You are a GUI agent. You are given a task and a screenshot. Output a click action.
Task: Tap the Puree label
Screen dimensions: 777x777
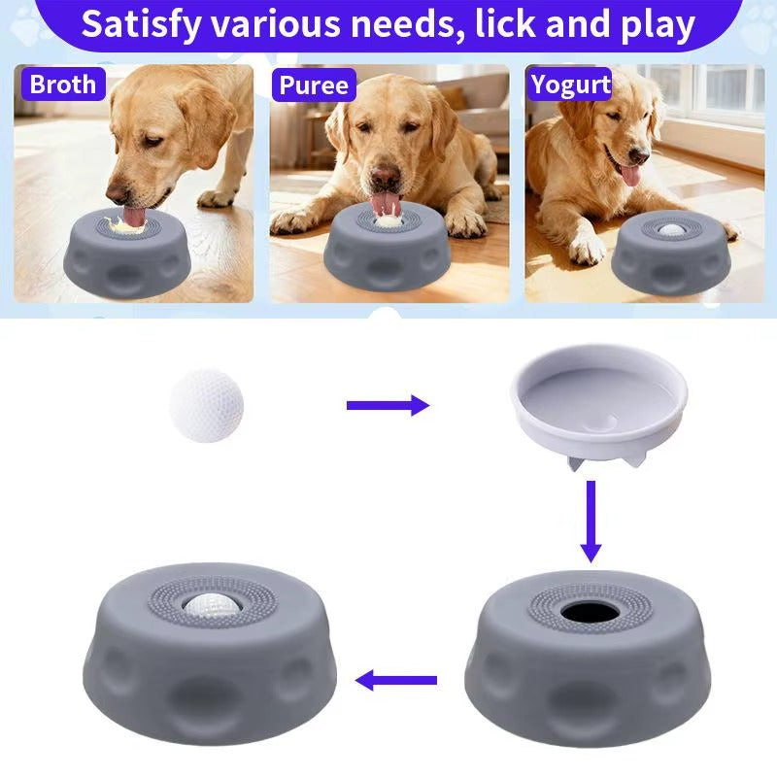point(313,84)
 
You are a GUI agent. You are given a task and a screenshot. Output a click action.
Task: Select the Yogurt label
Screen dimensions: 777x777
point(570,84)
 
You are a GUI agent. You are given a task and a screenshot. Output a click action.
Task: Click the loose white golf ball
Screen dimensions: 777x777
point(206,404)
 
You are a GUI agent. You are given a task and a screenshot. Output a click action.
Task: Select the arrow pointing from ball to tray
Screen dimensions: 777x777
point(388,405)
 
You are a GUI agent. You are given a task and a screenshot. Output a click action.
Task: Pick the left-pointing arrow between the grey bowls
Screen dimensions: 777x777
point(395,681)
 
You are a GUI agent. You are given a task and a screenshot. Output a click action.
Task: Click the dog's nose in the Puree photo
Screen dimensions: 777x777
point(386,178)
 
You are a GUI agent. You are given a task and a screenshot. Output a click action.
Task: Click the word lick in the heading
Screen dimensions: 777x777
point(511,24)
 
